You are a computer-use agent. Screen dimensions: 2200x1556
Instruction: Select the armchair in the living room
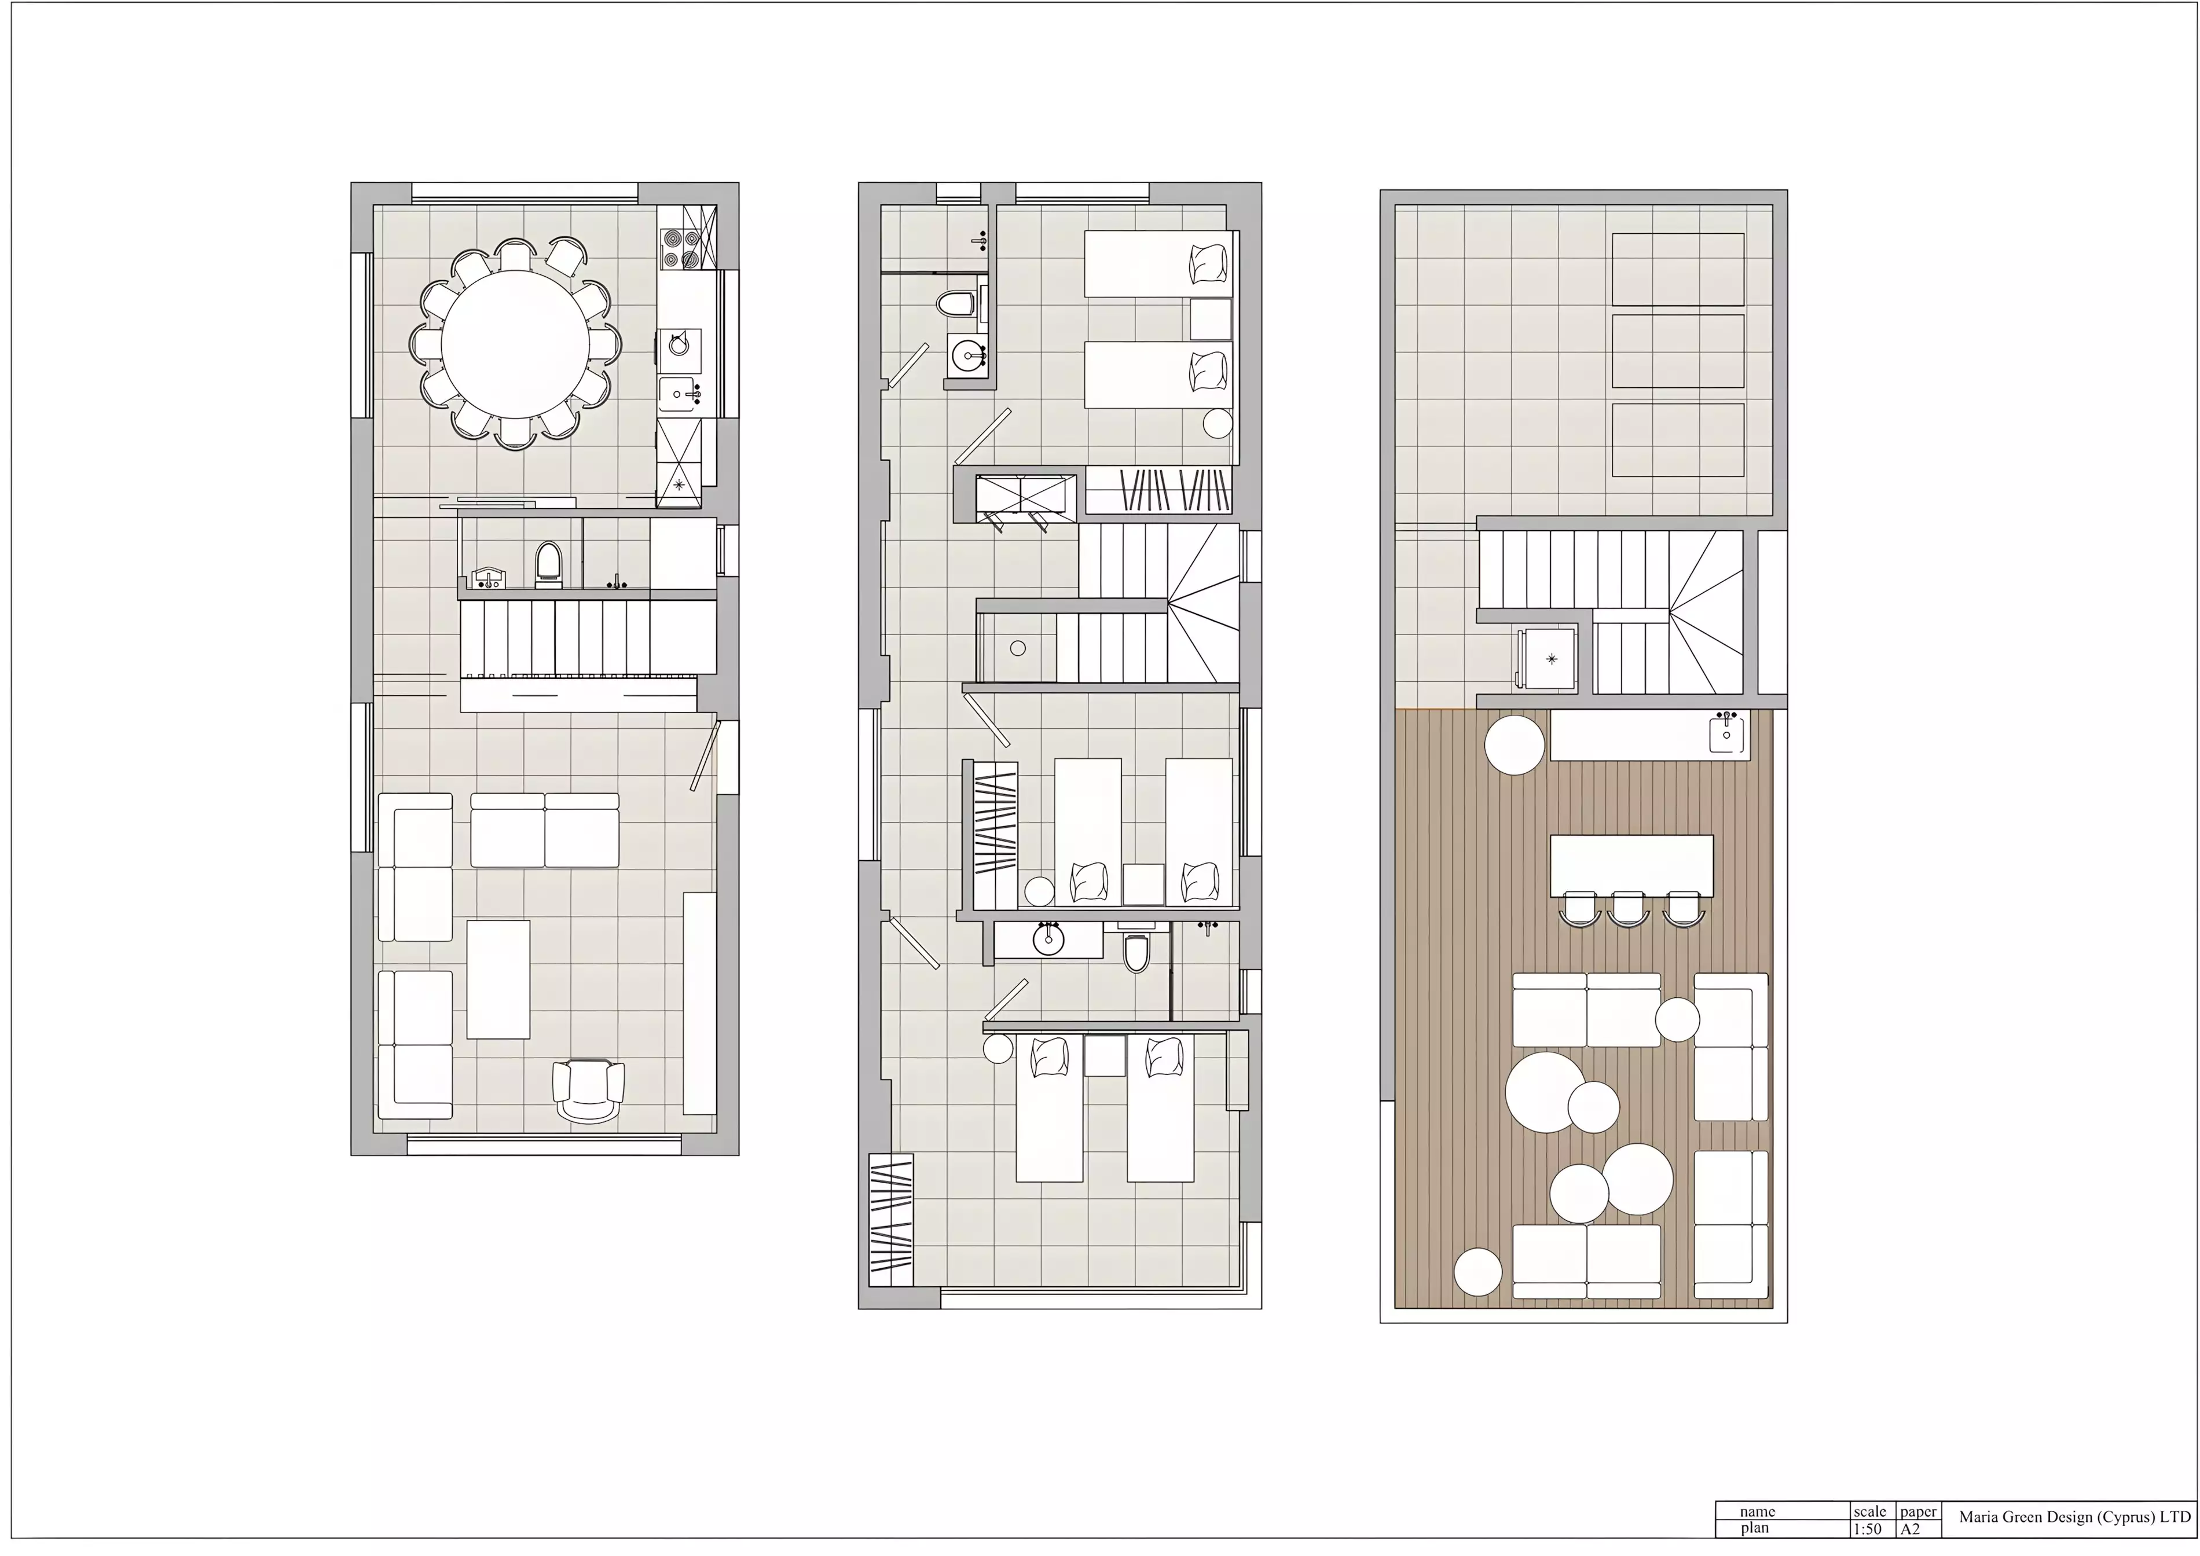pos(588,1091)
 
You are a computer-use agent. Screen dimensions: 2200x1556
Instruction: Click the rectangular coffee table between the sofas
pos(498,979)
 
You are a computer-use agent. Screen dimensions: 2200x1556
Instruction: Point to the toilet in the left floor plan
pos(547,563)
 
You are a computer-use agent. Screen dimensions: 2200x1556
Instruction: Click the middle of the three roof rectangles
pos(1678,351)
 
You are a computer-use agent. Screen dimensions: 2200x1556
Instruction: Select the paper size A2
pos(1911,1529)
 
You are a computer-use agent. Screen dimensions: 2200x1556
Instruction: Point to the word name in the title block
pos(1757,1511)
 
